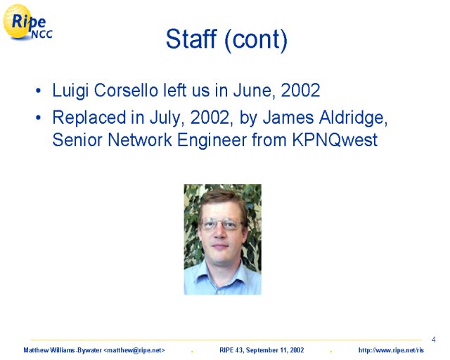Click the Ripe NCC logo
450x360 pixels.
point(27,22)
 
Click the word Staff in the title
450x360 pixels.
point(191,39)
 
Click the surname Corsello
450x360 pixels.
point(126,90)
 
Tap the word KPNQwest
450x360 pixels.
point(335,140)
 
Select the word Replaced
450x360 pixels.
point(89,117)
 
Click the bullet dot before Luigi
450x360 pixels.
point(38,91)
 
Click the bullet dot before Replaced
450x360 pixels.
point(38,117)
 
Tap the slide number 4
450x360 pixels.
point(433,340)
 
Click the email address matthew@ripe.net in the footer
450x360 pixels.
point(134,350)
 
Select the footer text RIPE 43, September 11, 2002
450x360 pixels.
point(262,350)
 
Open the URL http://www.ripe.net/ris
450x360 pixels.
point(391,350)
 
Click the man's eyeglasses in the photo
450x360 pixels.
point(221,224)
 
